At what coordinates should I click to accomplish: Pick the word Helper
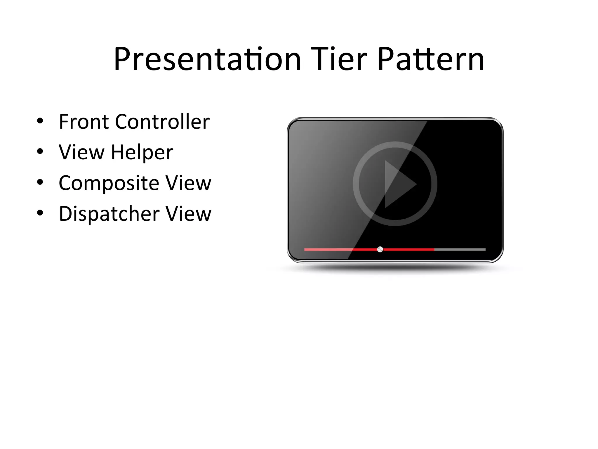[142, 153]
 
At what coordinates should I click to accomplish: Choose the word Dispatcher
[109, 214]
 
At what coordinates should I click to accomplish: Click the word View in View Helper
[81, 153]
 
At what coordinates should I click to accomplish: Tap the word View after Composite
[188, 183]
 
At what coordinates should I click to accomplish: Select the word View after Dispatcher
[188, 214]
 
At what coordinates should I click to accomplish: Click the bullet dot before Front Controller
[40, 121]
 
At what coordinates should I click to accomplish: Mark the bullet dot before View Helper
[40, 152]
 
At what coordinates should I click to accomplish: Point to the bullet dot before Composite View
[40, 182]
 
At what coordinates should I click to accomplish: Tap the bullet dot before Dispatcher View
[40, 213]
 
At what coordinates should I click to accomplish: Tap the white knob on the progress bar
[380, 249]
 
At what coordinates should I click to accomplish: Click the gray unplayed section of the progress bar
[460, 250]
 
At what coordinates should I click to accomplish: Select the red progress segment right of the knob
[409, 250]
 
